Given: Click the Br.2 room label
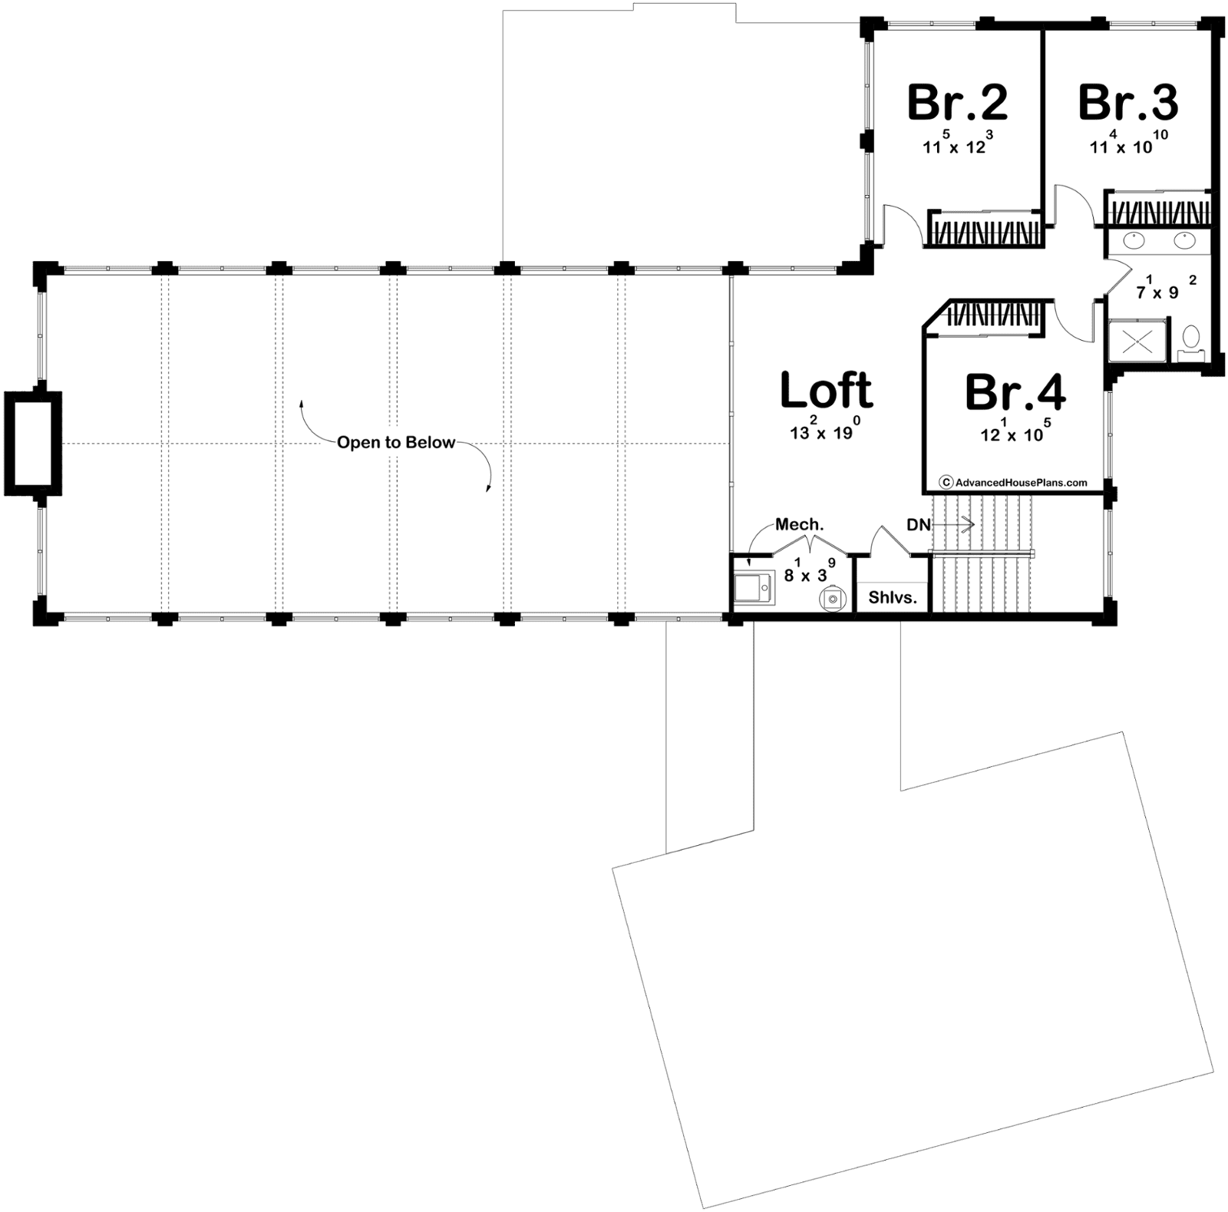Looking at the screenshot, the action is pos(957,103).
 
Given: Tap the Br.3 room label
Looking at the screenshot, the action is pos(1128,103).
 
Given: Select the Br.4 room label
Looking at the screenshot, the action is pos(1015,392).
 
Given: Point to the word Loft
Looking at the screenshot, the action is pos(827,390).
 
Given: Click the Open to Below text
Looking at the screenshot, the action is pos(396,442).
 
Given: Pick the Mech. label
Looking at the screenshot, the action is pos(799,524).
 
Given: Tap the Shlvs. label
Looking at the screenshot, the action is pos(893,596).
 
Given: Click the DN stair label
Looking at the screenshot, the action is pos(919,525).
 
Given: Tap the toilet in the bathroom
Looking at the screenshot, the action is pos(1191,341).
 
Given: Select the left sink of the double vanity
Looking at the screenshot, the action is pos(1134,242).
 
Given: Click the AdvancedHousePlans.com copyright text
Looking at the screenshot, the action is pos(1014,482).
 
